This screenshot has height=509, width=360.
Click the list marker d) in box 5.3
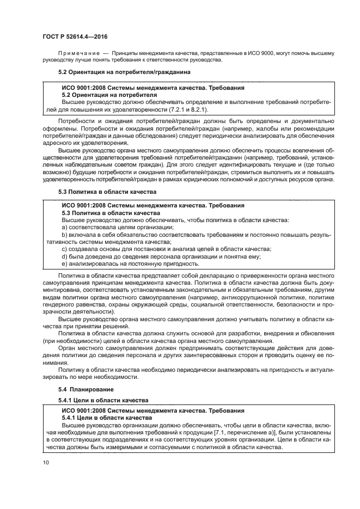[x=64, y=256]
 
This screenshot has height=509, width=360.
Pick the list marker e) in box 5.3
[x=64, y=263]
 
